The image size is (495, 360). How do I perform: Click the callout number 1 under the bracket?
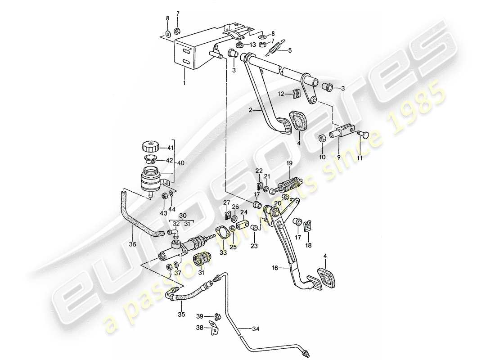[x=184, y=83]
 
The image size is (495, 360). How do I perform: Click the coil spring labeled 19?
[x=290, y=185]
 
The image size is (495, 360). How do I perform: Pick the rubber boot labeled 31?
[x=202, y=261]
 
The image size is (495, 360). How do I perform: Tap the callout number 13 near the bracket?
[x=252, y=45]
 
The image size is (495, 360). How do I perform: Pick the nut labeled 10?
[x=323, y=138]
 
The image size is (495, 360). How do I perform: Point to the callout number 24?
[x=243, y=212]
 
